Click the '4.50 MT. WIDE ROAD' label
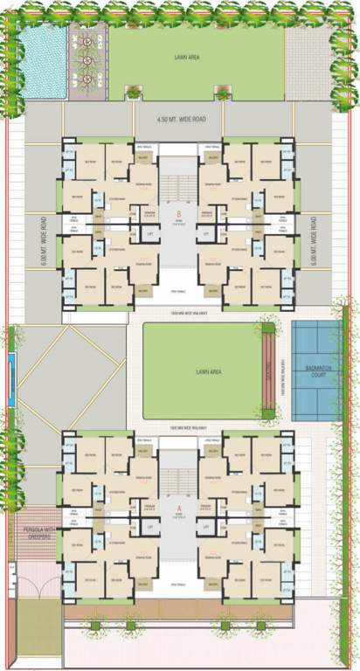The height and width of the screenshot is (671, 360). (x=179, y=117)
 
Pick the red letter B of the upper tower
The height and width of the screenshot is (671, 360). (x=178, y=213)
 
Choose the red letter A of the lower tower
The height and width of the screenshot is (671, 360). (x=178, y=508)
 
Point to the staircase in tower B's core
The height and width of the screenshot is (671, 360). (x=179, y=184)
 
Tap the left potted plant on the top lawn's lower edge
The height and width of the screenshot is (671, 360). (x=134, y=91)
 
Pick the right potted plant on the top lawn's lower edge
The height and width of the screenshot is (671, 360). (x=222, y=91)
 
